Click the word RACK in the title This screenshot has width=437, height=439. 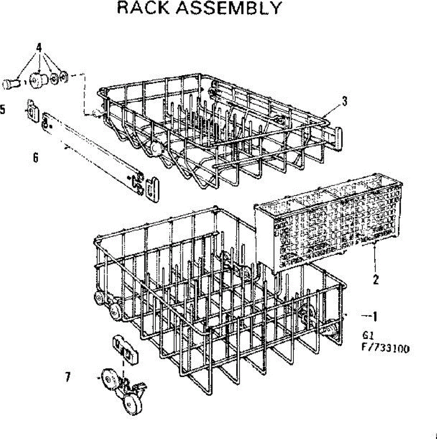143,8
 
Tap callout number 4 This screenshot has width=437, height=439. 39,47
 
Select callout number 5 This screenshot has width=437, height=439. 3,109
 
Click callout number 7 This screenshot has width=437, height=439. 68,377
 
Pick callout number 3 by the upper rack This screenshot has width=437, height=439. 344,101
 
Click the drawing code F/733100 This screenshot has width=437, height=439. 385,349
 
